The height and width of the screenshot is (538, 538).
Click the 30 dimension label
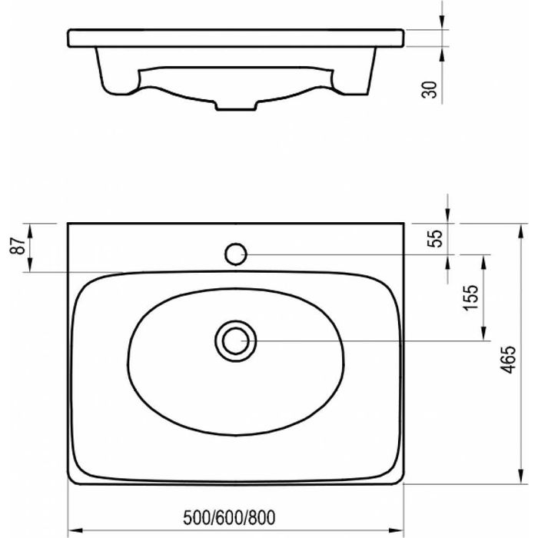429,90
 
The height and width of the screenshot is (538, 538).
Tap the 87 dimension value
18,246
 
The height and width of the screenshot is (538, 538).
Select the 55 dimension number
435,239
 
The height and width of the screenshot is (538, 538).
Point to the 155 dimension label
470,297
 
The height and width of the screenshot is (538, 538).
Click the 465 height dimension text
508,359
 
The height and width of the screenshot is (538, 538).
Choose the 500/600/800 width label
229,518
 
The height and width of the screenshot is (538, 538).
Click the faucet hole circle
236,254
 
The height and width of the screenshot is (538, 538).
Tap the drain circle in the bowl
236,341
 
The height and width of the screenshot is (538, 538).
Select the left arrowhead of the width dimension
75,530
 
